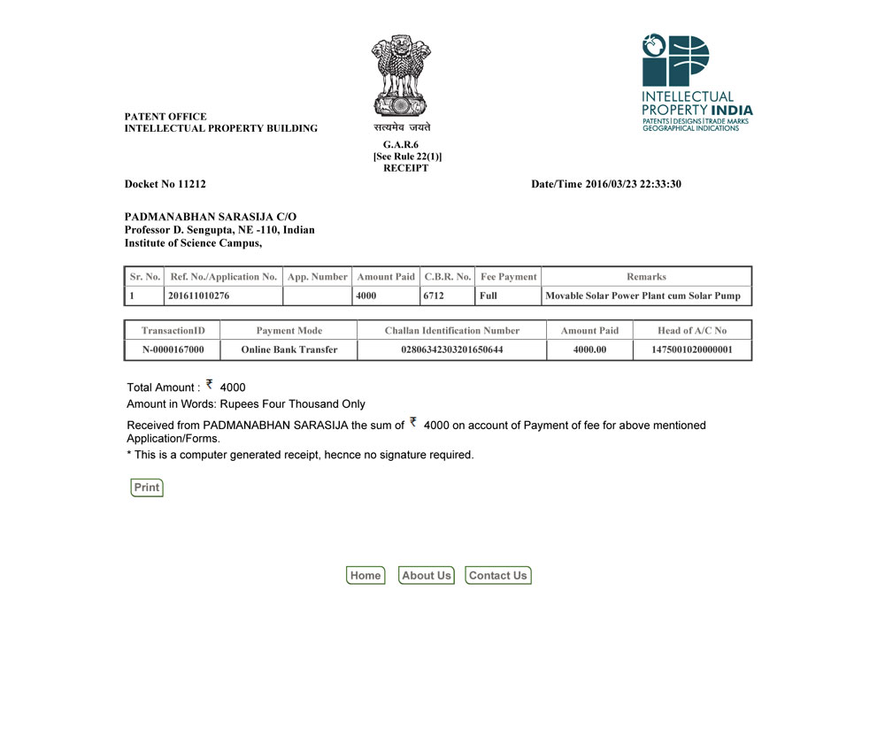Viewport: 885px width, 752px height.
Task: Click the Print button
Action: [x=147, y=487]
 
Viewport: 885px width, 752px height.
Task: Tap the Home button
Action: [x=366, y=575]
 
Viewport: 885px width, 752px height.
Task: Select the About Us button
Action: [x=427, y=575]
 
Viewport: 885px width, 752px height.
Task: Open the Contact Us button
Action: [x=498, y=575]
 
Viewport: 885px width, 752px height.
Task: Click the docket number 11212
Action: [x=191, y=184]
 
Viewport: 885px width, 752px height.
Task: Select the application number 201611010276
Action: [x=198, y=295]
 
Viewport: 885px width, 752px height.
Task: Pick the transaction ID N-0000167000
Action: [x=173, y=349]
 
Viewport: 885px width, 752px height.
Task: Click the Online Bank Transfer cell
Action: [x=289, y=349]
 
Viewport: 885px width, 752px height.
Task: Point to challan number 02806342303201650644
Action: [x=452, y=349]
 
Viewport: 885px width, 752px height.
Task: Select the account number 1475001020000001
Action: [x=692, y=349]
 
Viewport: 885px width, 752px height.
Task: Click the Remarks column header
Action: [x=646, y=277]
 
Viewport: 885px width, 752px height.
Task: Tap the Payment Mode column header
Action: [x=289, y=331]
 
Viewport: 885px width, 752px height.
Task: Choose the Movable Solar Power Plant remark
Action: [x=643, y=295]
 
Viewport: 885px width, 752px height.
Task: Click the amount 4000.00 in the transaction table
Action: [x=590, y=349]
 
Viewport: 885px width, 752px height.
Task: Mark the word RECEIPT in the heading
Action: [x=406, y=168]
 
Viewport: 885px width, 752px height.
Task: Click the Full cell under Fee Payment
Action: [x=489, y=295]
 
